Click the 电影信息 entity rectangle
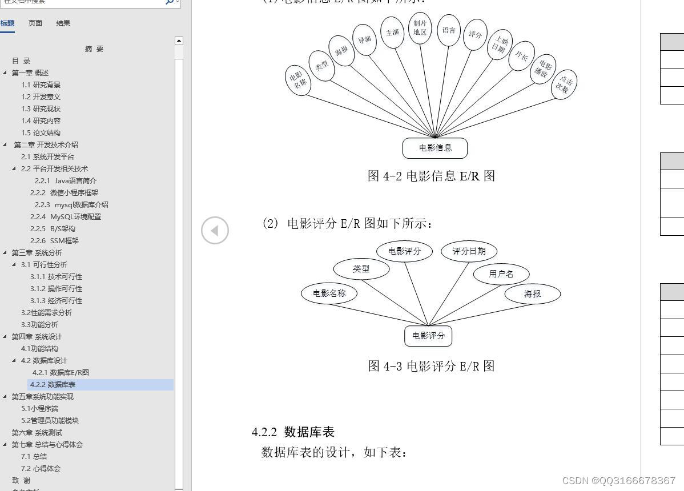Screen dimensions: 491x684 pos(434,148)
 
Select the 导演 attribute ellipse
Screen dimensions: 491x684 pos(364,39)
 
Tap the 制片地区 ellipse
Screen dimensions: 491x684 pos(420,28)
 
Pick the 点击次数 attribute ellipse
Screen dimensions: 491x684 pos(564,84)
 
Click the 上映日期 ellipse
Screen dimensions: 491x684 pos(500,45)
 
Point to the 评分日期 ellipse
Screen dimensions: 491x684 pos(469,251)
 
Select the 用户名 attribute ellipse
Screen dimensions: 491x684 pos(501,274)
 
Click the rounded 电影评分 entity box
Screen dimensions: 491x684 pos(428,336)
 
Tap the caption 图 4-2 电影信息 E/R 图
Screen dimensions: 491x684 pos(431,176)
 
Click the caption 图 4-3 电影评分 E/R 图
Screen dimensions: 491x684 pos(431,366)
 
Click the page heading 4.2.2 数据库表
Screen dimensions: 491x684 pos(293,432)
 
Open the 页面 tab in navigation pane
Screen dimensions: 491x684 pos(35,23)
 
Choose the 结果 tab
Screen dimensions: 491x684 pos(63,23)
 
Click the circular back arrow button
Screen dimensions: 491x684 pos(215,230)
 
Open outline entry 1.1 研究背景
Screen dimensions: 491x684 pos(41,84)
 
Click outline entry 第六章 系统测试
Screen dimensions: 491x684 pos(37,432)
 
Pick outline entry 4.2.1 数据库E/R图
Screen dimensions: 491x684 pos(61,372)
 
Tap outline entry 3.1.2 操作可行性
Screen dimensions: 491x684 pos(57,288)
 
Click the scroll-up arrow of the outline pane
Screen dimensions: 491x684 pos(179,41)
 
